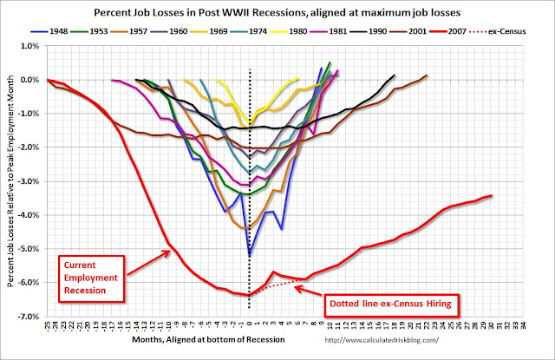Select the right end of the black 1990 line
coord(394,75)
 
